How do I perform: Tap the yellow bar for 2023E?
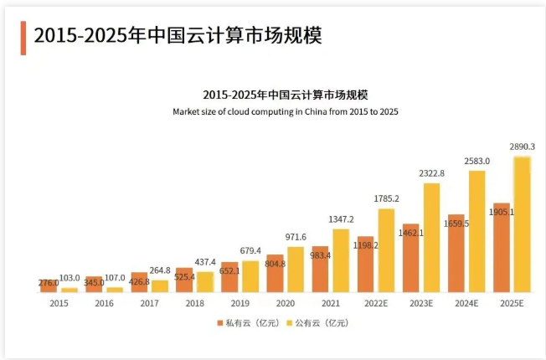431,238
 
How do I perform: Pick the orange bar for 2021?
320,270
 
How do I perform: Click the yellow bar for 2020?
296,270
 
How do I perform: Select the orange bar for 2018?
184,280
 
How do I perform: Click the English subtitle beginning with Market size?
285,111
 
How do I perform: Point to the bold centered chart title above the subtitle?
285,95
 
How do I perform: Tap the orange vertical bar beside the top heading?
23,38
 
